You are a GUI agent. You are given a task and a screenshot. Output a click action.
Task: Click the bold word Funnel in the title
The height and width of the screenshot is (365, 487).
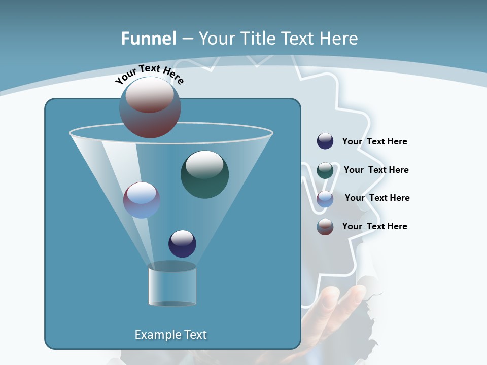point(149,39)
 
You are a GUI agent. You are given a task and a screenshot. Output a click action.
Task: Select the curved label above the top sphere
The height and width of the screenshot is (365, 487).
point(150,74)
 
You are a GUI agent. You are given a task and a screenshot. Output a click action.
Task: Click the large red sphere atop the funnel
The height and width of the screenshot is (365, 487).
point(150,107)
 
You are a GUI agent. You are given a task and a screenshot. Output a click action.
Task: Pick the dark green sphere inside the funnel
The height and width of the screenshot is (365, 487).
point(205,174)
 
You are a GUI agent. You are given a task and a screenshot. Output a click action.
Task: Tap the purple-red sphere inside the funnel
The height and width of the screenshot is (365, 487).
point(142,200)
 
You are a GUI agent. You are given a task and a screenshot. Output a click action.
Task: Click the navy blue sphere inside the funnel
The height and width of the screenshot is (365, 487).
point(182,243)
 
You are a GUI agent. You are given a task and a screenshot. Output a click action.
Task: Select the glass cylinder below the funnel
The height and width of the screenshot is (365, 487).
point(172,284)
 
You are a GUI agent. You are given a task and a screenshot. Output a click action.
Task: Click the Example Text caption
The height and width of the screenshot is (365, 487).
point(170,335)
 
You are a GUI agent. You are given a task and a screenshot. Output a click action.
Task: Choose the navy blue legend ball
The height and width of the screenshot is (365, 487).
point(325,141)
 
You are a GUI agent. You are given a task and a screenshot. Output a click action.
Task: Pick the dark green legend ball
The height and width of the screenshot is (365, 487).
point(325,170)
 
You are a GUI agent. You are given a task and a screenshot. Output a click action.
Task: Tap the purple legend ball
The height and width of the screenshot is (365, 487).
point(325,199)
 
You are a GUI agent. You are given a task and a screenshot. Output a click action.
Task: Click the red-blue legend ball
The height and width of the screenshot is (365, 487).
point(325,227)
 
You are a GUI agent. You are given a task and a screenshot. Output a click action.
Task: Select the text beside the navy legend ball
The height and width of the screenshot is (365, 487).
point(374,142)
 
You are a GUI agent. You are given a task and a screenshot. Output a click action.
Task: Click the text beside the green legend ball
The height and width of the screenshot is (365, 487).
point(376,170)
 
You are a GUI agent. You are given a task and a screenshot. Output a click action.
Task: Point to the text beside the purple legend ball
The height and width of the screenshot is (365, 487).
point(377,198)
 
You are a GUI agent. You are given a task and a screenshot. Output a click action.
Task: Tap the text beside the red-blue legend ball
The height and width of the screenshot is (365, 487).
point(374,227)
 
